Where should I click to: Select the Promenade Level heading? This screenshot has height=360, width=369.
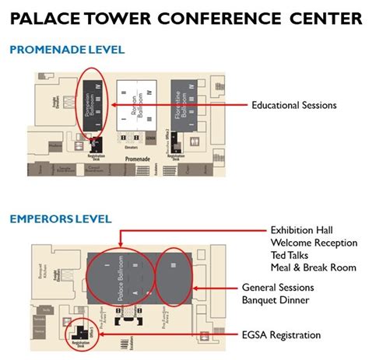pyautogui.click(x=67, y=51)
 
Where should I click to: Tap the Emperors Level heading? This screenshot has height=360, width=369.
pyautogui.click(x=61, y=219)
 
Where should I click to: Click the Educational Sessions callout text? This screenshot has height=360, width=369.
pyautogui.click(x=293, y=105)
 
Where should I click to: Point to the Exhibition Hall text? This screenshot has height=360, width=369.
pyautogui.click(x=301, y=230)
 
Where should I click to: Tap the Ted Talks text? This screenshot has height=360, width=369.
pyautogui.click(x=290, y=255)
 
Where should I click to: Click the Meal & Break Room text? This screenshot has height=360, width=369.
pyautogui.click(x=314, y=267)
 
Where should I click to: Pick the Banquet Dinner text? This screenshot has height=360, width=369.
pyautogui.click(x=276, y=300)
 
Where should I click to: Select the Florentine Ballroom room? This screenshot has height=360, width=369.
pyautogui.click(x=177, y=113)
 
